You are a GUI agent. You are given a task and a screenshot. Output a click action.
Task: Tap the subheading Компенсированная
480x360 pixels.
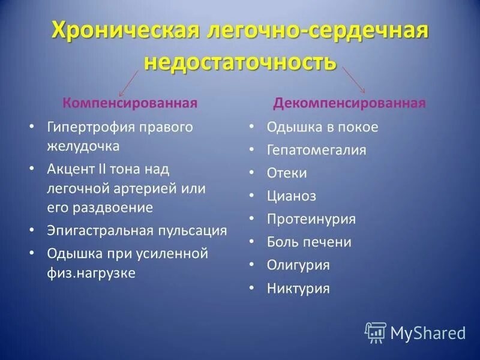[x=130, y=103]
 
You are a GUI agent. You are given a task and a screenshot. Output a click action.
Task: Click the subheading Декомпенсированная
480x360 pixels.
[x=349, y=103]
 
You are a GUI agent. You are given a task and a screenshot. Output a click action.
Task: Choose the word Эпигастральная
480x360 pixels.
[x=100, y=230]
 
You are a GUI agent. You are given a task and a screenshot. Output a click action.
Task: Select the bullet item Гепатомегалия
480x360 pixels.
[x=316, y=150]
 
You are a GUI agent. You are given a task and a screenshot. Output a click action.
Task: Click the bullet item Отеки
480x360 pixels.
[x=287, y=173]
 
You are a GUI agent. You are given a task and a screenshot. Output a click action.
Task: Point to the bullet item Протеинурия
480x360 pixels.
[x=311, y=219]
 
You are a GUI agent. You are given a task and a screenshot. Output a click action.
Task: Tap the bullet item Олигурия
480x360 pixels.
[x=298, y=265]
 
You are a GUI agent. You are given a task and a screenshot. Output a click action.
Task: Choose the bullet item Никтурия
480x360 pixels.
[x=298, y=288]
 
